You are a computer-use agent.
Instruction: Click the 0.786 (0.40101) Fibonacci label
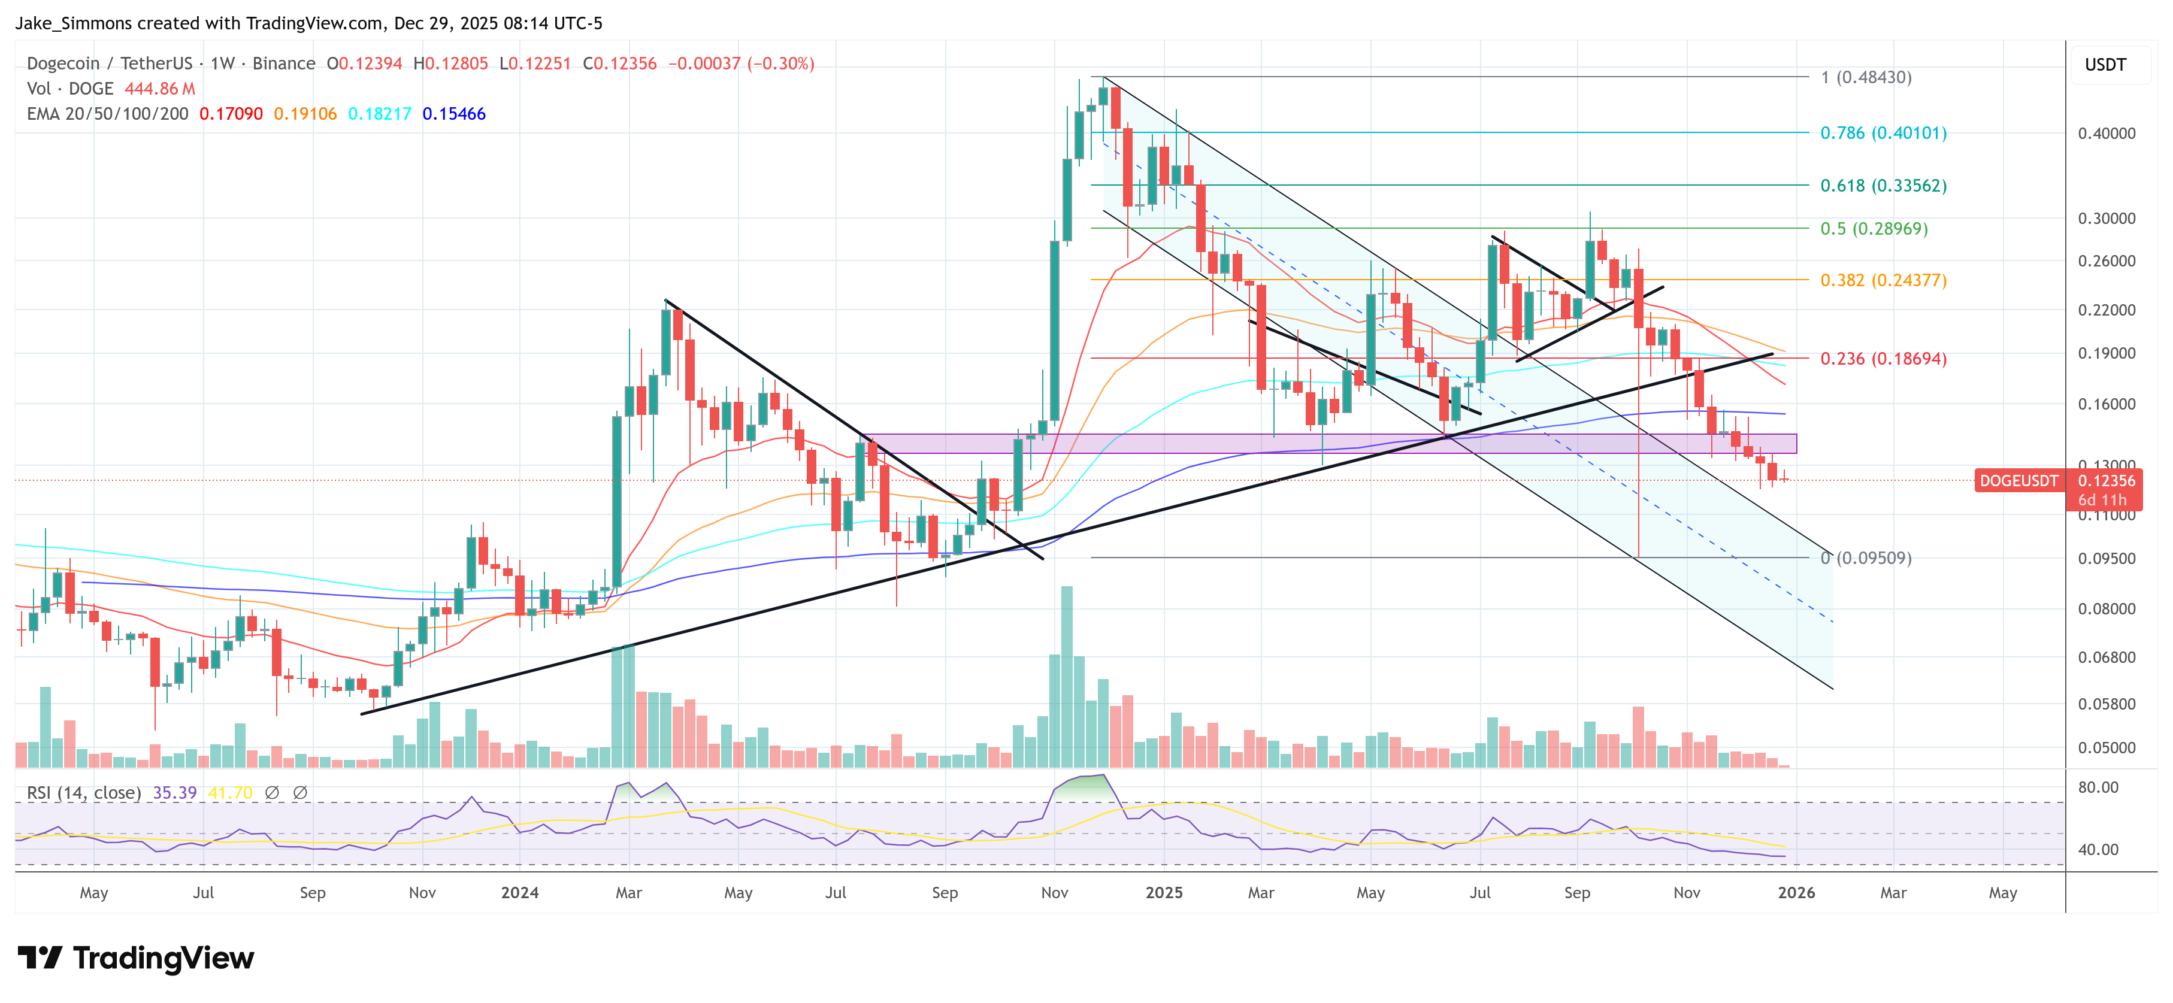(1883, 134)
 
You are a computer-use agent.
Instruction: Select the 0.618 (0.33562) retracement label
(1883, 186)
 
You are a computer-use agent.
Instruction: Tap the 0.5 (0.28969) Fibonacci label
(1874, 229)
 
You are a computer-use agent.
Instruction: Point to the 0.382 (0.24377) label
(1883, 280)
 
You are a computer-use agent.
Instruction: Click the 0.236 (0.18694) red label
(1883, 359)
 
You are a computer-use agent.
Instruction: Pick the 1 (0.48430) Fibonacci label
(1866, 78)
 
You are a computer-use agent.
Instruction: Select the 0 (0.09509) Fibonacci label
(1866, 557)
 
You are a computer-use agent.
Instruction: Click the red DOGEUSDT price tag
(2018, 481)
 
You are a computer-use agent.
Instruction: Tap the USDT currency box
(2105, 65)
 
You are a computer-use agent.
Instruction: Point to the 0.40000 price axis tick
(2107, 134)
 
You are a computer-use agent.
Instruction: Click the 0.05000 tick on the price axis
(2107, 747)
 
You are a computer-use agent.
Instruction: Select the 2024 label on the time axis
(520, 892)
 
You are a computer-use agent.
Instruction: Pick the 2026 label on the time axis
(1796, 892)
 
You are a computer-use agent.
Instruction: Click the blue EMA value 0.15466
(454, 114)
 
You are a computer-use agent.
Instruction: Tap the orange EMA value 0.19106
(304, 114)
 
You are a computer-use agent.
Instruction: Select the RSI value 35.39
(175, 793)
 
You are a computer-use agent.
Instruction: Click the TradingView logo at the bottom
(136, 958)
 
